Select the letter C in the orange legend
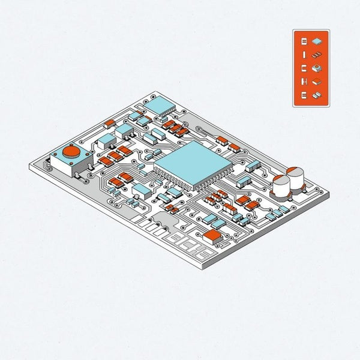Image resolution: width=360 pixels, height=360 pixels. point(304,69)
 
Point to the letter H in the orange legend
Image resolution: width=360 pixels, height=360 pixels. point(304,82)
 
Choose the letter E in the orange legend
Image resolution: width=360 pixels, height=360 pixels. point(304,95)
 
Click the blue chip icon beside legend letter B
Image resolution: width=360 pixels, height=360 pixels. point(316,41)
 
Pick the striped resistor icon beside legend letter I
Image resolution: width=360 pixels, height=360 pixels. point(317,55)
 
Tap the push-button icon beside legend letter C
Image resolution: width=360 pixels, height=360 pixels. point(317,68)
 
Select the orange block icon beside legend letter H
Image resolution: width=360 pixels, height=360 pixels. point(317,82)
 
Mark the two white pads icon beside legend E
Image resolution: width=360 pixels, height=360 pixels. point(317,95)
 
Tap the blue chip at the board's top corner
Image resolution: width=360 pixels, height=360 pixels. point(160,106)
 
